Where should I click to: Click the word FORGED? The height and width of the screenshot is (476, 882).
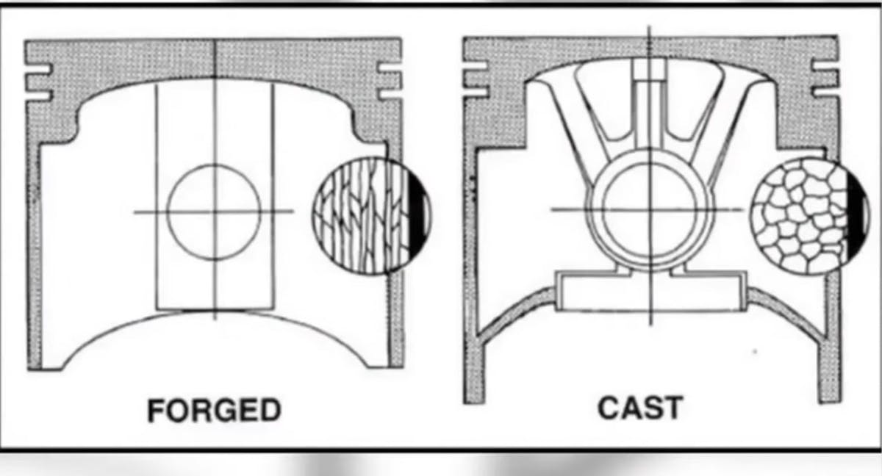tap(214, 410)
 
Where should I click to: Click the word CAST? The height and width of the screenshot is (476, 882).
tap(640, 408)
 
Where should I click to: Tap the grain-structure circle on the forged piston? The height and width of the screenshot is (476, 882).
tap(372, 215)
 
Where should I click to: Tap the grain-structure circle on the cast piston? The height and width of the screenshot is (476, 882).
tap(810, 215)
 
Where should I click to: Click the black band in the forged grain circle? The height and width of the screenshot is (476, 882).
tap(418, 215)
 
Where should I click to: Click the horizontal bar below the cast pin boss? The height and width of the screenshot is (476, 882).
tap(650, 292)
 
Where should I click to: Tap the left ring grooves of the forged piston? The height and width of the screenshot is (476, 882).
tap(38, 82)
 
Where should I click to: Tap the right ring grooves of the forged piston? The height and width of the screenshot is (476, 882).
tap(390, 81)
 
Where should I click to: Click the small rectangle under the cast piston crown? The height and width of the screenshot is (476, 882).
tap(650, 69)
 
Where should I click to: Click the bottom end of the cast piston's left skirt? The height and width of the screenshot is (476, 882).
tap(474, 402)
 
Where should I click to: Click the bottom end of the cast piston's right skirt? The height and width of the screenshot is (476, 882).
tap(830, 401)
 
